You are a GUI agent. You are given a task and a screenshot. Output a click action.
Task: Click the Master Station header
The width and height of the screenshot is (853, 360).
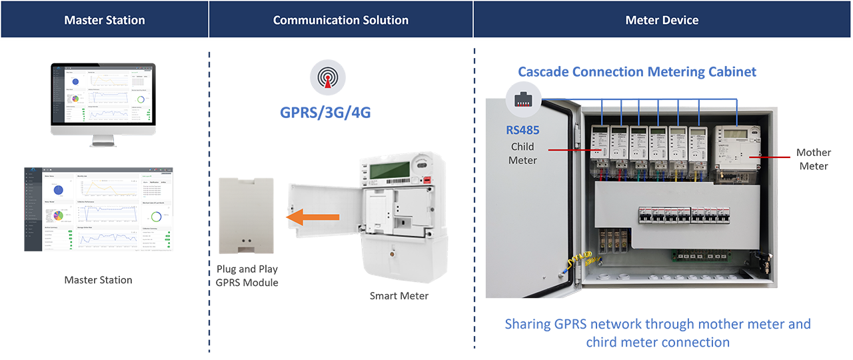105,20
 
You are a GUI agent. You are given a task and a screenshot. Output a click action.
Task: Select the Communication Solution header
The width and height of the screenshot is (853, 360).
341,20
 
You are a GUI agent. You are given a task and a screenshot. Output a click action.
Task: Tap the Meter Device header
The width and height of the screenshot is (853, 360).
662,20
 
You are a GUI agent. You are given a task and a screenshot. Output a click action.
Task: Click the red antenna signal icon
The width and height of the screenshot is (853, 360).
326,78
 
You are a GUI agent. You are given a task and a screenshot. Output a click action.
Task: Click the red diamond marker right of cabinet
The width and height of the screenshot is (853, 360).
788,158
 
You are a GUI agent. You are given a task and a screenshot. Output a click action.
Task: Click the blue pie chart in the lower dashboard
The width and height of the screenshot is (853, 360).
58,190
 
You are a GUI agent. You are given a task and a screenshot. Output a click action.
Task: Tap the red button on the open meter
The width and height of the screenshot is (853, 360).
425,179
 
